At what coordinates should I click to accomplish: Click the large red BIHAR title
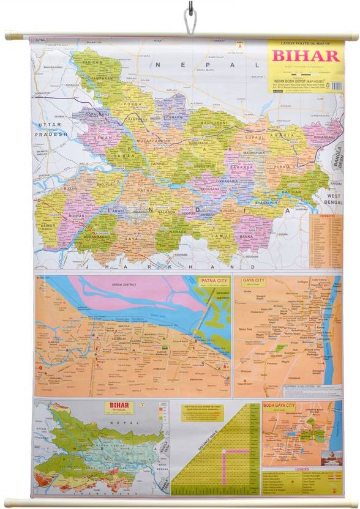point(304,56)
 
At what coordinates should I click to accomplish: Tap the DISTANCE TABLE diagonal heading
point(196,456)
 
